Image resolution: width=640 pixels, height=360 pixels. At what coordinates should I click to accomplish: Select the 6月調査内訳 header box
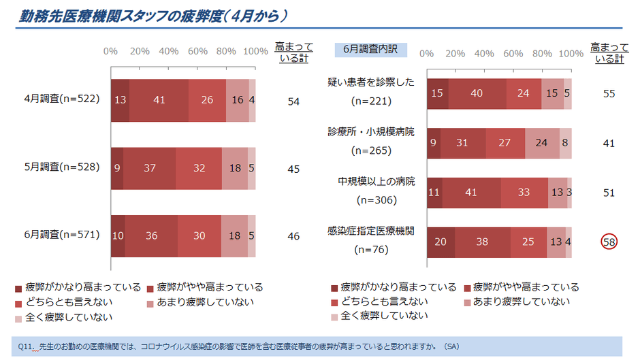pyautogui.click(x=370, y=50)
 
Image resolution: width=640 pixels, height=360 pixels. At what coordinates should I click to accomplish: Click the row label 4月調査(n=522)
pyautogui.click(x=62, y=99)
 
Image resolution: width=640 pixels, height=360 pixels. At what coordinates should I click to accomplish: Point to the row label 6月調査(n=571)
pyautogui.click(x=62, y=235)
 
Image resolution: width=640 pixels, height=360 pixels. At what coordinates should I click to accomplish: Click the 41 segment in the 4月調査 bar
pyautogui.click(x=159, y=100)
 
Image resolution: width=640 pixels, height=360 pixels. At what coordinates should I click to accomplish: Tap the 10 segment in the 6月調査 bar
pyautogui.click(x=118, y=236)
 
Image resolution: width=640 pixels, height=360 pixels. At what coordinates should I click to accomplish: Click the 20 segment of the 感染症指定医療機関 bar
pyautogui.click(x=441, y=241)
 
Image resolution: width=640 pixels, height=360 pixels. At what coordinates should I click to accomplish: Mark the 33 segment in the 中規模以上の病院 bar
pyautogui.click(x=524, y=193)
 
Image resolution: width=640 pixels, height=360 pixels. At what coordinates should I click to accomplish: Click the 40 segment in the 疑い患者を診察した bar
pyautogui.click(x=477, y=94)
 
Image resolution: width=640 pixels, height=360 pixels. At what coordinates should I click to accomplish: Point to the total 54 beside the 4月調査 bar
pyautogui.click(x=293, y=101)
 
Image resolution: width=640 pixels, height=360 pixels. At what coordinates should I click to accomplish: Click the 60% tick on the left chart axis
pyautogui.click(x=197, y=52)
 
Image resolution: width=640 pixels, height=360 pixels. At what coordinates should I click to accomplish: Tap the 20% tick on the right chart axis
pyautogui.click(x=455, y=54)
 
